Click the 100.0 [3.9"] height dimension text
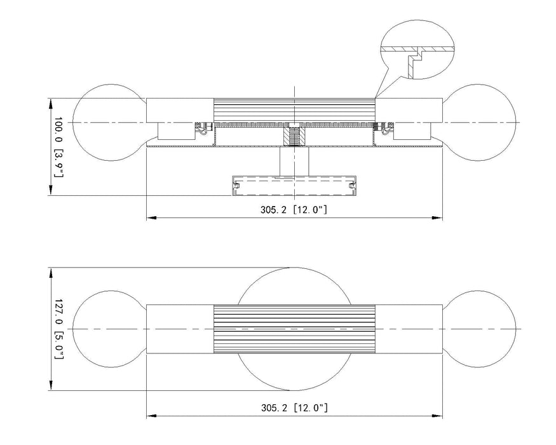coord(59,147)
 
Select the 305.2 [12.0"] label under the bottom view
coord(294,407)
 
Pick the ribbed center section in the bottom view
coord(294,328)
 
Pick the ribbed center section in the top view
coord(294,109)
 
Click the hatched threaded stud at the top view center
coord(294,135)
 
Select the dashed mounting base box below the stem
coord(294,186)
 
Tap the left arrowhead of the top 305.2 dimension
coord(150,218)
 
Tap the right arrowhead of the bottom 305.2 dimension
coord(440,416)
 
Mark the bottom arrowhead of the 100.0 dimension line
coord(50,193)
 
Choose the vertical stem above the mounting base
coord(294,160)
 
